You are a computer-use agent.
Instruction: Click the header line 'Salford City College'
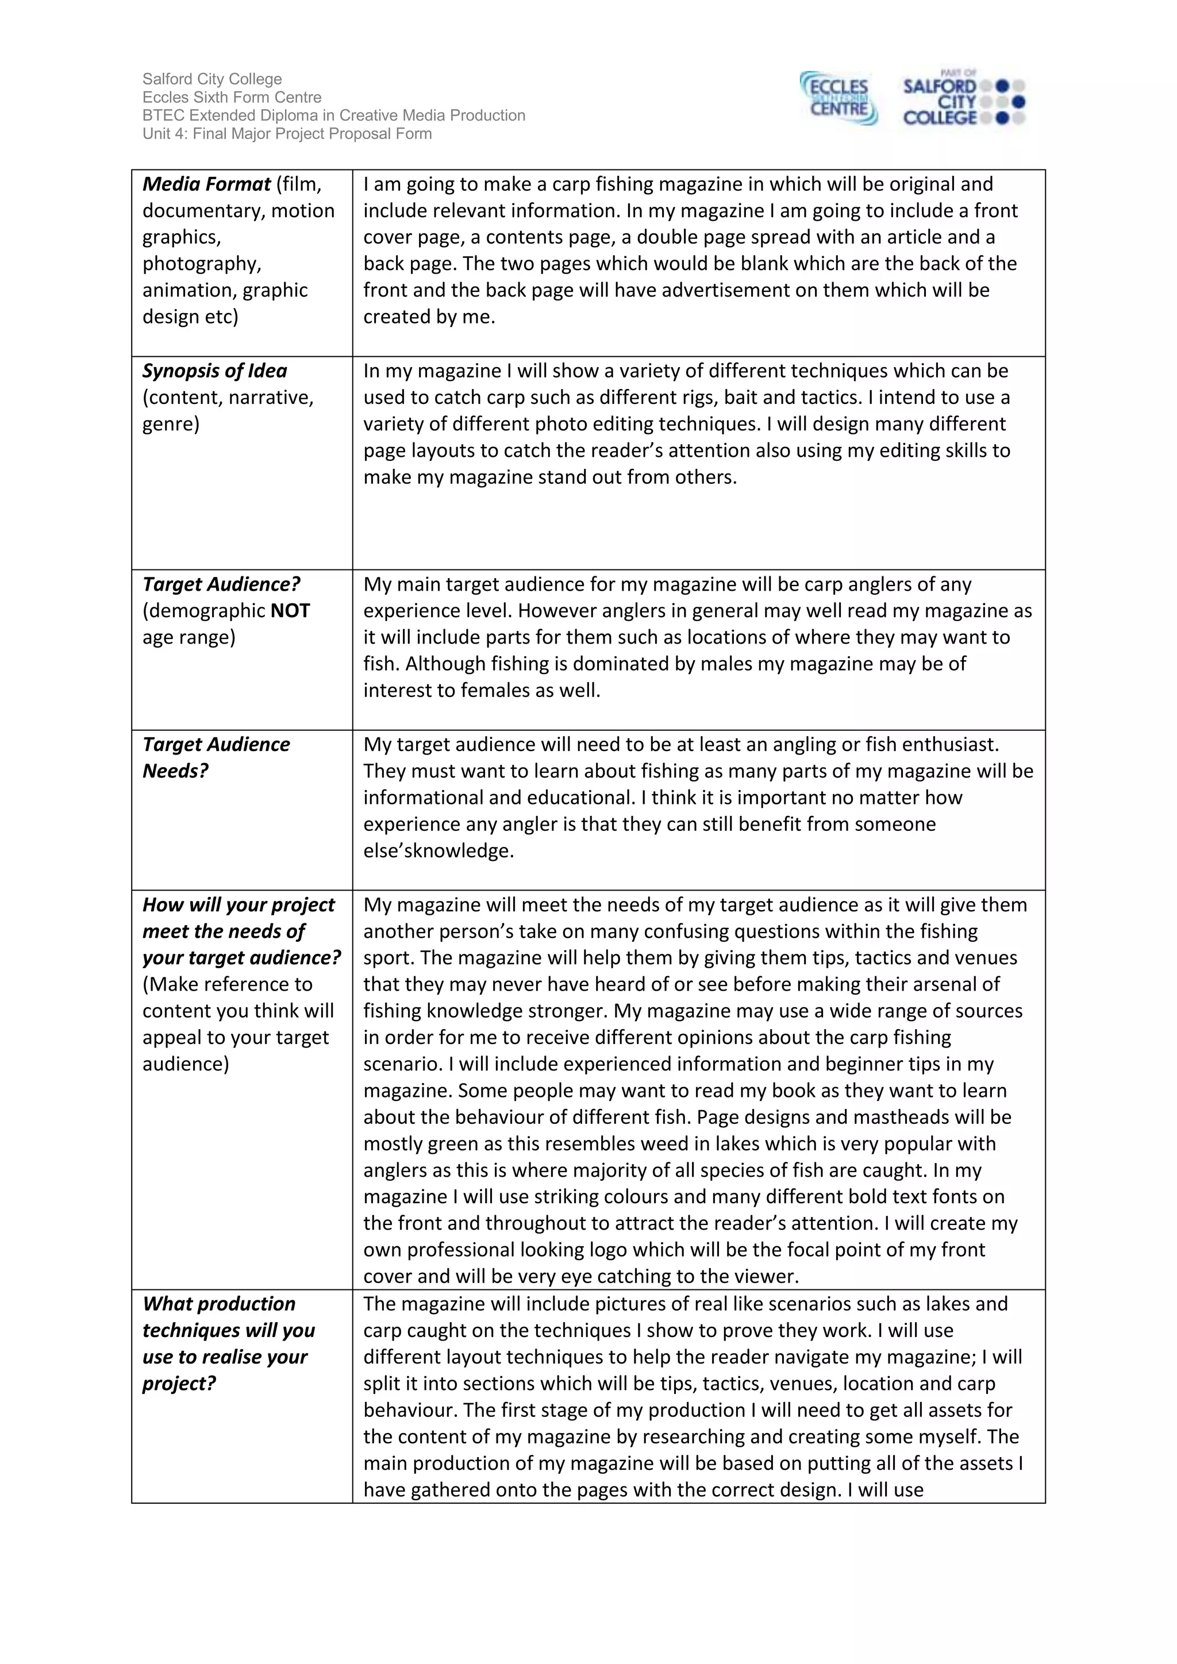click(x=211, y=79)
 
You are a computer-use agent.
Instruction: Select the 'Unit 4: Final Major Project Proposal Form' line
click(x=286, y=133)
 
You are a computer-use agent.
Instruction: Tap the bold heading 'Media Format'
click(x=206, y=184)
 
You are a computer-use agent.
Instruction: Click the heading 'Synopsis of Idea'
click(x=214, y=371)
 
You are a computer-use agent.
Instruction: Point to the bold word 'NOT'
click(x=290, y=611)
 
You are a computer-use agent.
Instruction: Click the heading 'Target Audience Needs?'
click(x=216, y=757)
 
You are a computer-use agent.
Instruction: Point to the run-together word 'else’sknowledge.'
click(x=438, y=850)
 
